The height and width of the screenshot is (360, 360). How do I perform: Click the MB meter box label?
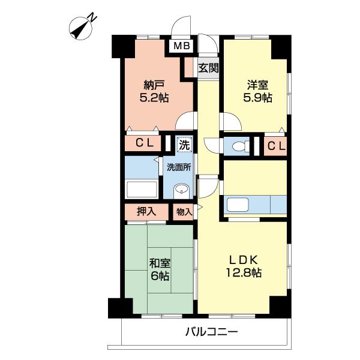[182, 46]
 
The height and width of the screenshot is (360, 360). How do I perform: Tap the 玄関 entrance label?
[208, 68]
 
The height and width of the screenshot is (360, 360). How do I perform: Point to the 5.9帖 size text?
[257, 98]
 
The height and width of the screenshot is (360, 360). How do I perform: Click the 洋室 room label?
[257, 85]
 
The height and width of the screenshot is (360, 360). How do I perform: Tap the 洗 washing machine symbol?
[184, 145]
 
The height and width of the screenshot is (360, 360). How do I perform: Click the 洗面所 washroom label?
[179, 167]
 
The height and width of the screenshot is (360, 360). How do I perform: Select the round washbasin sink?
[181, 190]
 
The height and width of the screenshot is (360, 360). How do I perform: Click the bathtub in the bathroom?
[142, 190]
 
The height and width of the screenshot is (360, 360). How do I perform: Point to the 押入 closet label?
[146, 211]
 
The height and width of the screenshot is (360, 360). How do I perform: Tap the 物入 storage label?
[184, 212]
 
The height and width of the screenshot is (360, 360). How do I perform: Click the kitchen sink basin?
[238, 205]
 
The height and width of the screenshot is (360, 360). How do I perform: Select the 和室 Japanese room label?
[160, 263]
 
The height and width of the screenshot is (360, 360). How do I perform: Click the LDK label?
[244, 260]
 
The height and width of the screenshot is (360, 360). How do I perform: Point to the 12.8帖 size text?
[244, 273]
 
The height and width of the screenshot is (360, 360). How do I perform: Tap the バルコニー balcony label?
[211, 332]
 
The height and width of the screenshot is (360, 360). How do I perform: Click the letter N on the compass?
[93, 17]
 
